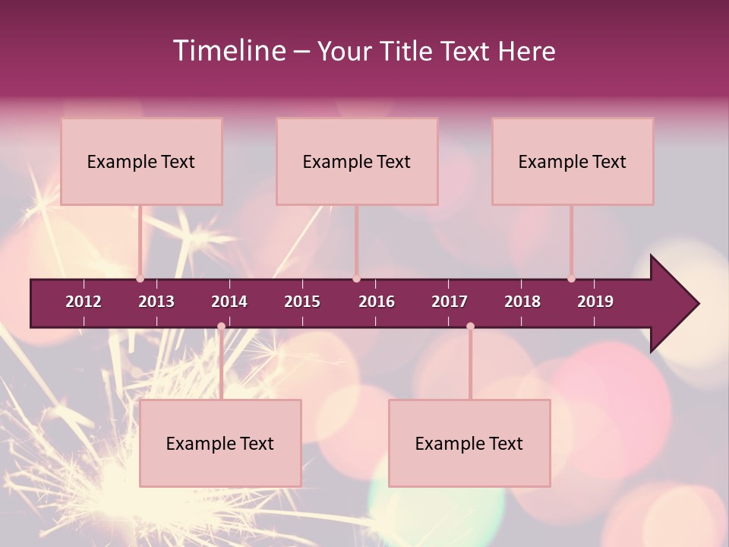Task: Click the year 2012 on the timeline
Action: (x=84, y=302)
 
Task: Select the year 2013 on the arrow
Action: (x=156, y=302)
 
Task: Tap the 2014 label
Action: (x=229, y=302)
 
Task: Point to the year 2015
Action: (x=302, y=302)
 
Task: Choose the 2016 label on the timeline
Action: (x=377, y=302)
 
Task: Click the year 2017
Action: (x=450, y=302)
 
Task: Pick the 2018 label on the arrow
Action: (x=522, y=302)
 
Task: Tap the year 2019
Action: (x=595, y=302)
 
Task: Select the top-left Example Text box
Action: (x=141, y=162)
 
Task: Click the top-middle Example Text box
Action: (x=357, y=162)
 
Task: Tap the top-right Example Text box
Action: (x=573, y=162)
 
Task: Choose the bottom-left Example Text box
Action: (x=220, y=444)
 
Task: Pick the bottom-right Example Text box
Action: (x=469, y=444)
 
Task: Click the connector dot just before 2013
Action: (x=140, y=279)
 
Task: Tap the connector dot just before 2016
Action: (x=356, y=279)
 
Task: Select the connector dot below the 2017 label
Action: (x=470, y=326)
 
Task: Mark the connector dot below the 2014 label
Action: (x=221, y=326)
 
